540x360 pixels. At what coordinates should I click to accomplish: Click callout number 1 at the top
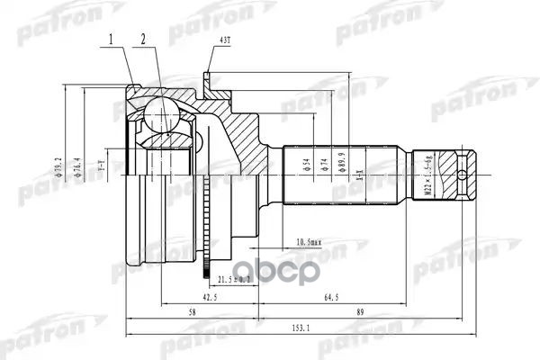(111, 39)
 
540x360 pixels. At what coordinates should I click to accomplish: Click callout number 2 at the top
(142, 39)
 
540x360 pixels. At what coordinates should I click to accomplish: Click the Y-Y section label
(103, 168)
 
